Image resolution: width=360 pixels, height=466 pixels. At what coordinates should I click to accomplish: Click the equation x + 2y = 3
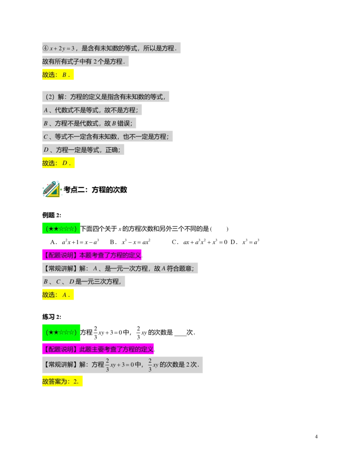tap(62, 48)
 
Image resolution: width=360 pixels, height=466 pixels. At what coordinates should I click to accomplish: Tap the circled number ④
tap(45, 48)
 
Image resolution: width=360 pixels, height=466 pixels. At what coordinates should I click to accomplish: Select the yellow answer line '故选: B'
tap(57, 75)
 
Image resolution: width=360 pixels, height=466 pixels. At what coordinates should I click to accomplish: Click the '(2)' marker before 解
tap(49, 97)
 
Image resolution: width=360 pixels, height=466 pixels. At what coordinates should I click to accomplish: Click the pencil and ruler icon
tap(51, 190)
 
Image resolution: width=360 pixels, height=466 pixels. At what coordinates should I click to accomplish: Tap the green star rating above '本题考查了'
tap(61, 228)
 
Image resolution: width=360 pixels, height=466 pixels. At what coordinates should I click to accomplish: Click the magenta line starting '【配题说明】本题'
tap(92, 255)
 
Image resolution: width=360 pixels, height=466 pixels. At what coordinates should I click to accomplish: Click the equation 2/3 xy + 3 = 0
tap(119, 365)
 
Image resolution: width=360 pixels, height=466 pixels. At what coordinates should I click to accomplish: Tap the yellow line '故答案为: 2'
tap(62, 382)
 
